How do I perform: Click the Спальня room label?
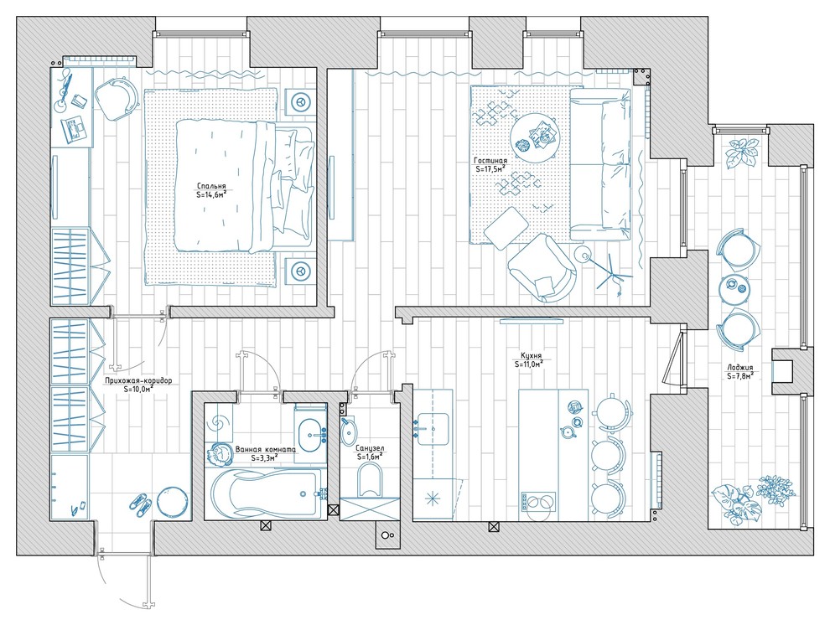[211, 186]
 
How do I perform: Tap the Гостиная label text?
[490, 161]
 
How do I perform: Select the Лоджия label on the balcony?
[740, 368]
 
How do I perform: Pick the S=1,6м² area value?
[371, 457]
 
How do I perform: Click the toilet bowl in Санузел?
[370, 480]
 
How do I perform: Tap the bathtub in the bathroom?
[265, 494]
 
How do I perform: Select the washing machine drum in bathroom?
[219, 423]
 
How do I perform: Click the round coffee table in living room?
[534, 137]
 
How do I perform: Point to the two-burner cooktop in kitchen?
[538, 502]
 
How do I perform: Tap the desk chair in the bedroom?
[117, 98]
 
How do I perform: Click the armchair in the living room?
[542, 267]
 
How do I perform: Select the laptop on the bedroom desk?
[74, 130]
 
